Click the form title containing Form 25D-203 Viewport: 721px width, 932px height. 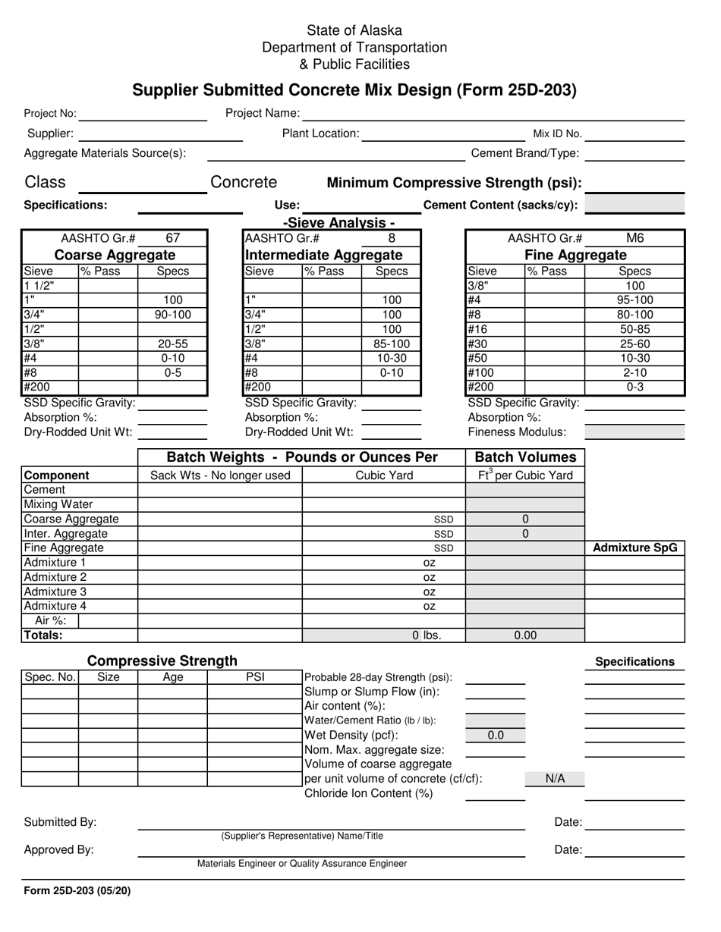[x=354, y=90]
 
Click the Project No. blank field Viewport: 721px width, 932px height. [x=142, y=114]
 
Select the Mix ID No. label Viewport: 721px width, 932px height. [x=557, y=134]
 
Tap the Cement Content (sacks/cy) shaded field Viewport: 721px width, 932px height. [x=634, y=205]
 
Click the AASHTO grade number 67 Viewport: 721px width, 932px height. [x=172, y=237]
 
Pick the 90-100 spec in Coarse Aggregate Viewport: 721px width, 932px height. [x=172, y=315]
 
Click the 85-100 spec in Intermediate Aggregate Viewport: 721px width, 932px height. [x=392, y=344]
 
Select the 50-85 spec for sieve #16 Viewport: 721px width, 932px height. [x=634, y=329]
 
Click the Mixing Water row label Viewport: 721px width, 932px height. [x=58, y=504]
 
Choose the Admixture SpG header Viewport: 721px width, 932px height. [x=634, y=548]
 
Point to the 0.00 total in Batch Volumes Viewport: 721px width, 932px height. [x=525, y=635]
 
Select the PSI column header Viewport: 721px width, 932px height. [x=255, y=677]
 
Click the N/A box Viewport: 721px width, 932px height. [x=555, y=779]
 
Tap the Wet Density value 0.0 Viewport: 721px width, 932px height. [x=495, y=735]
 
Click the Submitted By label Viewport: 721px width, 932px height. [x=61, y=822]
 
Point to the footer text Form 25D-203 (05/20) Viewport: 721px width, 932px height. [x=77, y=891]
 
